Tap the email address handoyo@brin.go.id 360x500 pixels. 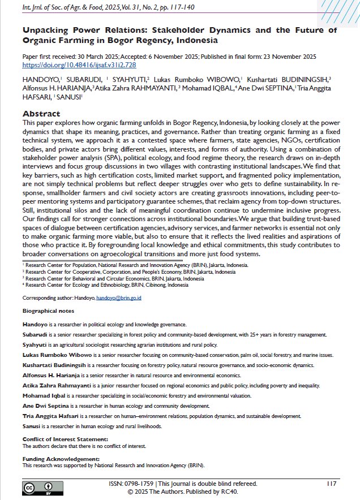pyautogui.click(x=118, y=298)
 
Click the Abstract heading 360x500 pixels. pyautogui.click(x=41, y=114)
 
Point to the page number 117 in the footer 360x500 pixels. pyautogui.click(x=332, y=484)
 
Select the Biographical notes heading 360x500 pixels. pyautogui.click(x=48, y=311)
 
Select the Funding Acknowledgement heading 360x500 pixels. pyautogui.click(x=61, y=459)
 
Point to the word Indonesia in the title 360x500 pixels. pyautogui.click(x=192, y=41)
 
